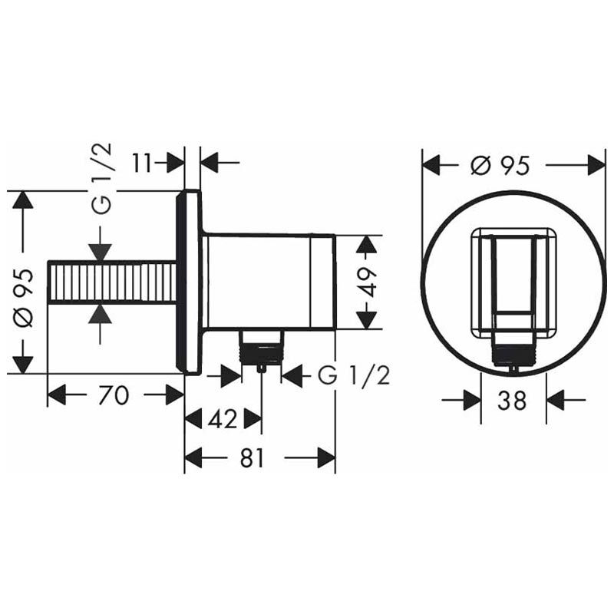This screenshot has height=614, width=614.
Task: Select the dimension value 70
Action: click(x=114, y=395)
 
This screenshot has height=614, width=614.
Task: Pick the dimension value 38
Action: click(x=512, y=400)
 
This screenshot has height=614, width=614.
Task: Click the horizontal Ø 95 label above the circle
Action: click(x=500, y=165)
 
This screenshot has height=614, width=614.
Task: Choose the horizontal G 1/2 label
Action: click(x=354, y=376)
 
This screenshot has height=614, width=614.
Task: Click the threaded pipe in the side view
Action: click(x=112, y=282)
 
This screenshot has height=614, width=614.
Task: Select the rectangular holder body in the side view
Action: click(x=269, y=281)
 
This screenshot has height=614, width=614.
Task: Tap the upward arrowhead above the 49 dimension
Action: click(x=368, y=246)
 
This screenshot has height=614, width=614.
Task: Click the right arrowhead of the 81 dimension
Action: click(x=325, y=458)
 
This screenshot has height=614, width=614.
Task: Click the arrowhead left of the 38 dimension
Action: click(x=470, y=400)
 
